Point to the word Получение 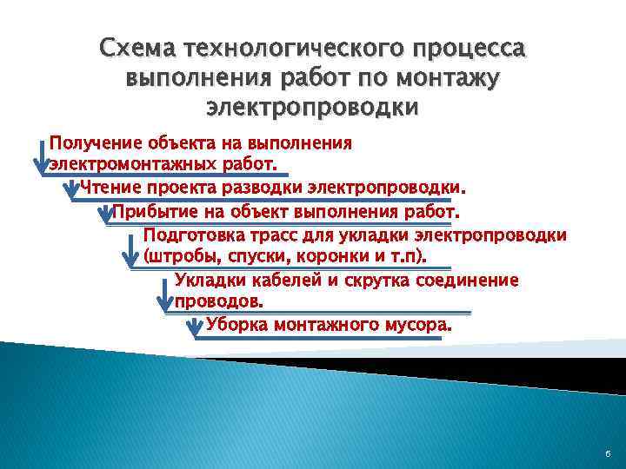pyautogui.click(x=94, y=143)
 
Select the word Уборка pyautogui.click(x=236, y=326)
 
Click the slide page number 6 pyautogui.click(x=606, y=454)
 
